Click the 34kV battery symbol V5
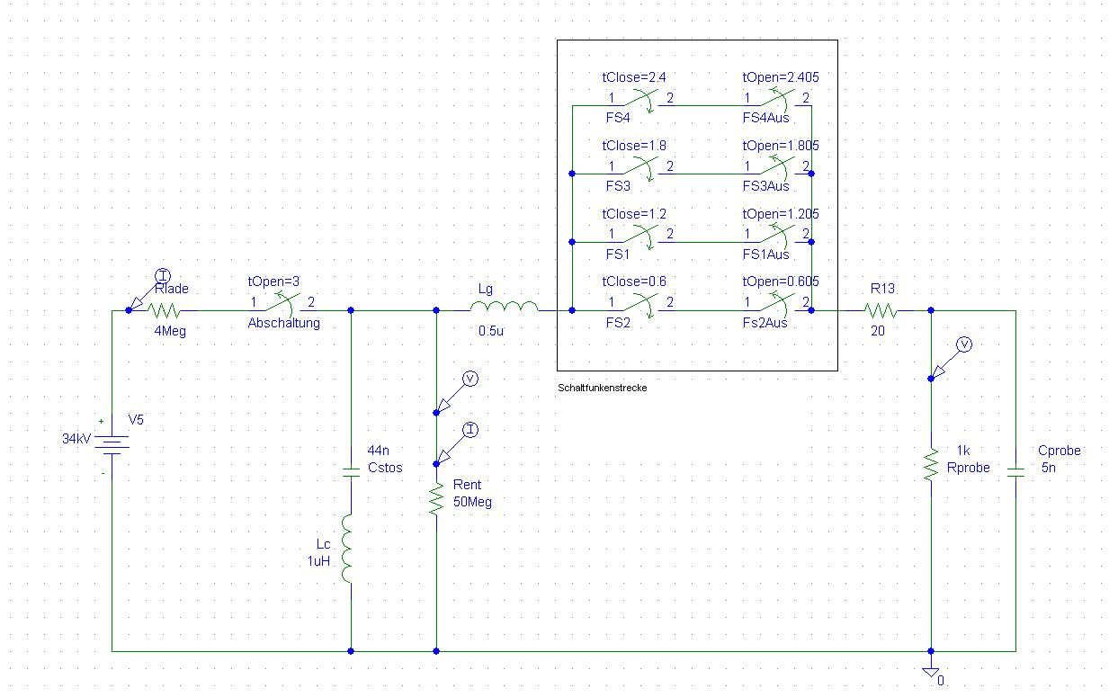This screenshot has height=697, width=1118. point(112,444)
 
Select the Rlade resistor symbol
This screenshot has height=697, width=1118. point(165,310)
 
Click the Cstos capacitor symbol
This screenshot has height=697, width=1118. point(351,469)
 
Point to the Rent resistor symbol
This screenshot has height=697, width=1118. point(436,498)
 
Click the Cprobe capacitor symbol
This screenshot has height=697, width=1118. point(1015,471)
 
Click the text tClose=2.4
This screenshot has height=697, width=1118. point(634,77)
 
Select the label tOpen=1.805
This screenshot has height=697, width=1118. point(780,146)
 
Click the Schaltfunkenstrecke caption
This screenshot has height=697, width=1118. point(602,388)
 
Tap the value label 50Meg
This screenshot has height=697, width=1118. point(473,502)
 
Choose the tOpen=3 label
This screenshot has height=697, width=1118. point(273,281)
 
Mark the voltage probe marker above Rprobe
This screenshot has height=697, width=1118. point(963,344)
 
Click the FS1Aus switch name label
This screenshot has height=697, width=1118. point(765,255)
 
